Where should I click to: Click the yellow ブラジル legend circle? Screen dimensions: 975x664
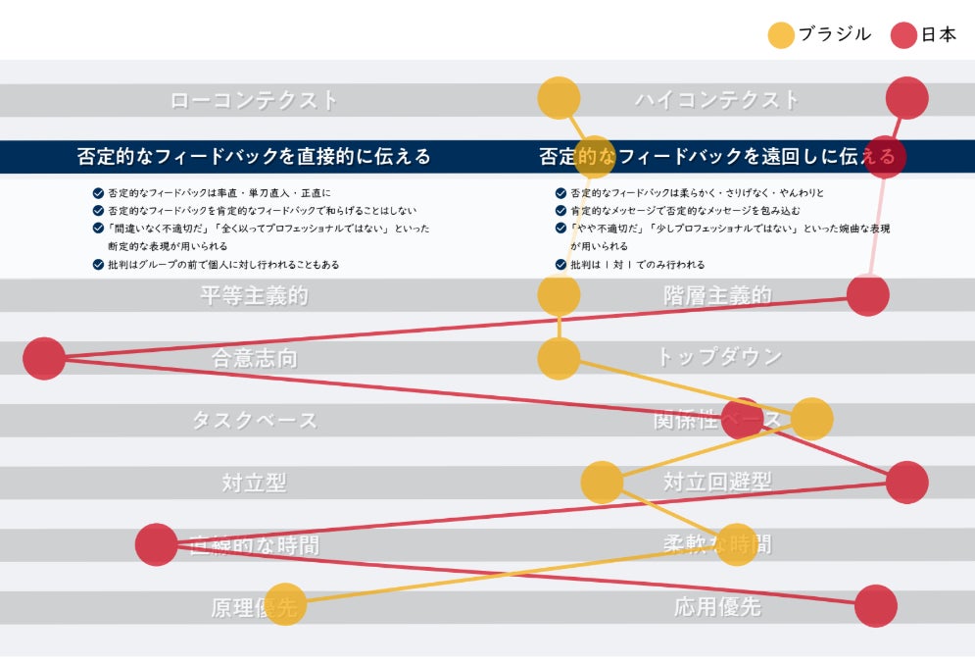tap(781, 35)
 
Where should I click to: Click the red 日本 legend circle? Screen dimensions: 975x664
tap(903, 35)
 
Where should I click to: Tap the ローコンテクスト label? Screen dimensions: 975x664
tap(254, 100)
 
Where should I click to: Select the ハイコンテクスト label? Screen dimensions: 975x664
tap(717, 100)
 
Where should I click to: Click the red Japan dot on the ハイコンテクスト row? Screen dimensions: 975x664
tap(906, 98)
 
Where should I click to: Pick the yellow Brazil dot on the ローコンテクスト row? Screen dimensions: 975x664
tap(560, 98)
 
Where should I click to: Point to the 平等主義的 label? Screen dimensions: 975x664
tap(254, 296)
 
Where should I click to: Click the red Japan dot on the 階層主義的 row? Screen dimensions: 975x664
tap(867, 294)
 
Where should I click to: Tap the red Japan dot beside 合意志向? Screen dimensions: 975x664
tap(44, 358)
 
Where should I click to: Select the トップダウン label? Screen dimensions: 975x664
tap(718, 357)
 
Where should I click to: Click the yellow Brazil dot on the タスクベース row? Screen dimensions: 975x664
tap(811, 419)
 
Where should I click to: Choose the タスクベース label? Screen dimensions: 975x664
tap(254, 421)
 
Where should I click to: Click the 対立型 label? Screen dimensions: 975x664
tap(254, 483)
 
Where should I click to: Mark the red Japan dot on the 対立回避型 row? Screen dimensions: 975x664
tap(906, 483)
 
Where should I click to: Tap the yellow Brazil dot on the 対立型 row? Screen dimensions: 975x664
tap(602, 483)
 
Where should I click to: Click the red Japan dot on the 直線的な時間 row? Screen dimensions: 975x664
tap(156, 544)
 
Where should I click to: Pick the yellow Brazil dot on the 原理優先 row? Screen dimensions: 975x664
tap(285, 606)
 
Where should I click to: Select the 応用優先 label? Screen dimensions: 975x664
tap(717, 607)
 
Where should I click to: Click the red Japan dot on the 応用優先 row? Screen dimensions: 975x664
tap(875, 606)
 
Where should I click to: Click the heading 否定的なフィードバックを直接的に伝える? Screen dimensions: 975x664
tap(254, 157)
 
